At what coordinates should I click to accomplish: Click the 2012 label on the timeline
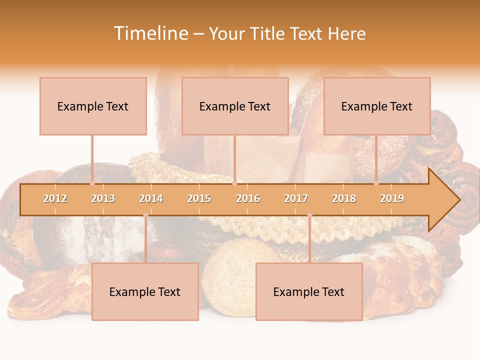(55, 198)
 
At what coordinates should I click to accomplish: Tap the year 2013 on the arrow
(103, 198)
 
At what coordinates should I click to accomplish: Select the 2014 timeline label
(151, 198)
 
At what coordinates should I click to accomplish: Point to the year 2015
(199, 198)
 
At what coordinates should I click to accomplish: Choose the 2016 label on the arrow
(248, 198)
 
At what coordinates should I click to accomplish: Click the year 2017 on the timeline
(296, 198)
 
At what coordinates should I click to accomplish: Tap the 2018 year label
(344, 198)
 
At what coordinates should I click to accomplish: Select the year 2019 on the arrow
(392, 198)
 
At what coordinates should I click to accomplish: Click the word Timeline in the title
(151, 33)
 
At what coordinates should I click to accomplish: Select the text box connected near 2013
(93, 106)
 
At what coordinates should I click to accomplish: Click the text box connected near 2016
(235, 106)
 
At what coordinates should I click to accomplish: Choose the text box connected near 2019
(377, 106)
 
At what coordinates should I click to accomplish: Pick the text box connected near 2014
(145, 291)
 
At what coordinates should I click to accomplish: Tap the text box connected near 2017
(309, 291)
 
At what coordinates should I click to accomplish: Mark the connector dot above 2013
(92, 183)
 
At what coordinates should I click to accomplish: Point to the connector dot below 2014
(145, 215)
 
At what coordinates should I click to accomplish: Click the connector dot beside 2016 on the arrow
(234, 183)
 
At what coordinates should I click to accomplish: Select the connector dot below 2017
(309, 215)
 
